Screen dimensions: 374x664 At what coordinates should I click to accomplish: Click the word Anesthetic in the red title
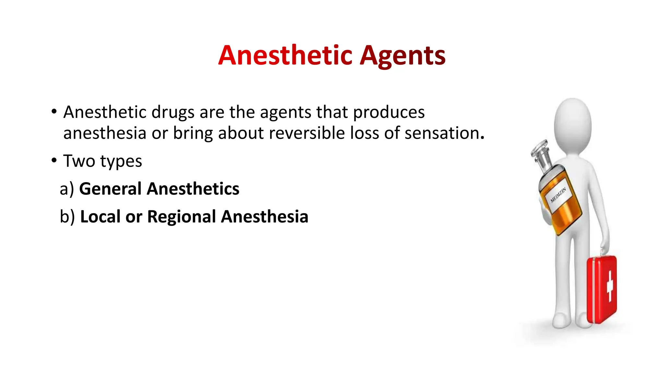tap(285, 55)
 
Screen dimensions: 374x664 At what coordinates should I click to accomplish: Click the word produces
tap(388, 113)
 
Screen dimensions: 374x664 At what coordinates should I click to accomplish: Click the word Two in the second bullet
tap(79, 161)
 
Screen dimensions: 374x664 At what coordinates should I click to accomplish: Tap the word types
tap(121, 161)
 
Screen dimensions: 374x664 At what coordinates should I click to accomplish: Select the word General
tap(110, 189)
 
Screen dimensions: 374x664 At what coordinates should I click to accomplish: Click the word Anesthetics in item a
tap(193, 189)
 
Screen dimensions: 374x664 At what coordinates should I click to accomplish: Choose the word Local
tap(100, 217)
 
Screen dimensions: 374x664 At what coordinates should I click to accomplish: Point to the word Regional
tap(182, 217)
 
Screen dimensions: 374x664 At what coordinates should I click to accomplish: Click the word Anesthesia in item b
tap(264, 217)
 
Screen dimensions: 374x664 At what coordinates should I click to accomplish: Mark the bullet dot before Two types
tap(54, 160)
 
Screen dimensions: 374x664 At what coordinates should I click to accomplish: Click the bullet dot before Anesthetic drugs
tap(54, 112)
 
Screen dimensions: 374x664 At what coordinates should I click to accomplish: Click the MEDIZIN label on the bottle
tap(558, 195)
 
